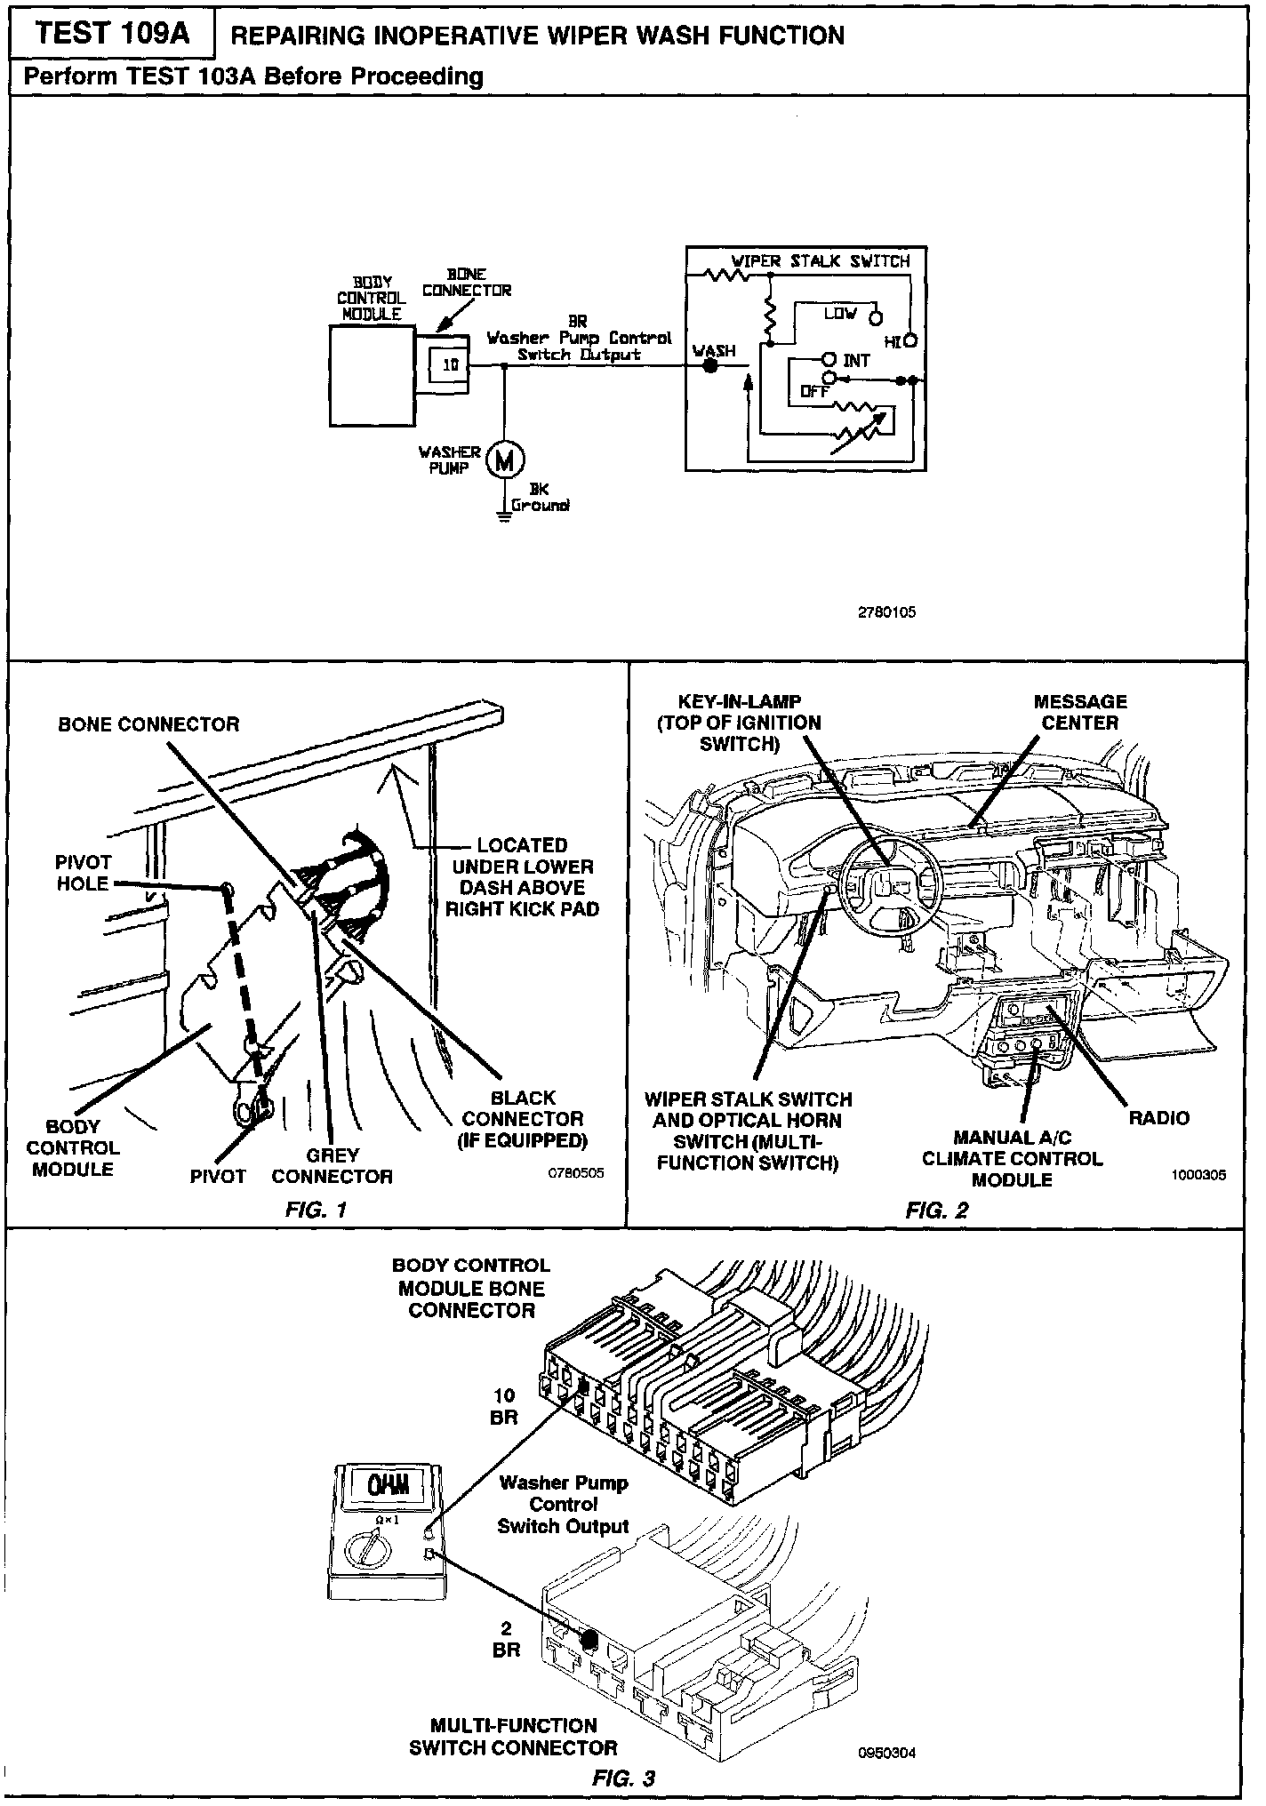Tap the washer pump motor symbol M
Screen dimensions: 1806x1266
coord(504,459)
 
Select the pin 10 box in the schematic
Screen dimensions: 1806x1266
coord(451,364)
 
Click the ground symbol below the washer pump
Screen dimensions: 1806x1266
coord(504,513)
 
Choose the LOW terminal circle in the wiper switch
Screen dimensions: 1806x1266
coord(875,317)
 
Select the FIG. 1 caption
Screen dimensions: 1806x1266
coord(315,1209)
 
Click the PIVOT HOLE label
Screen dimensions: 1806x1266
coord(83,873)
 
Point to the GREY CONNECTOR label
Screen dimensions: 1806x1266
coord(332,1165)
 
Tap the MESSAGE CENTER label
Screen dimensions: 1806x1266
coord(1079,712)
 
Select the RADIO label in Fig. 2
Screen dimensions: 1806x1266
coord(1158,1117)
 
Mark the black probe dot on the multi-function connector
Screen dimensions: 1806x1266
coord(587,1640)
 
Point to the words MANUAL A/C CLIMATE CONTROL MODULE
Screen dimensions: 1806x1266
coord(1012,1158)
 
